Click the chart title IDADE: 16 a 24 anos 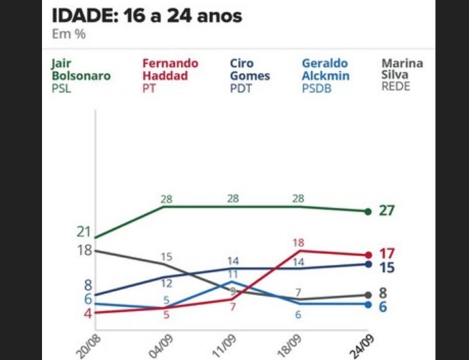coord(147,15)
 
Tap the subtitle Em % coord(69,34)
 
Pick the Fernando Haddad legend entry coord(169,75)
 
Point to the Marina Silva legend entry coord(402,75)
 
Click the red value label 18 coord(298,242)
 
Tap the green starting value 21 coord(84,231)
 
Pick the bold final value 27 coord(386,211)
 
